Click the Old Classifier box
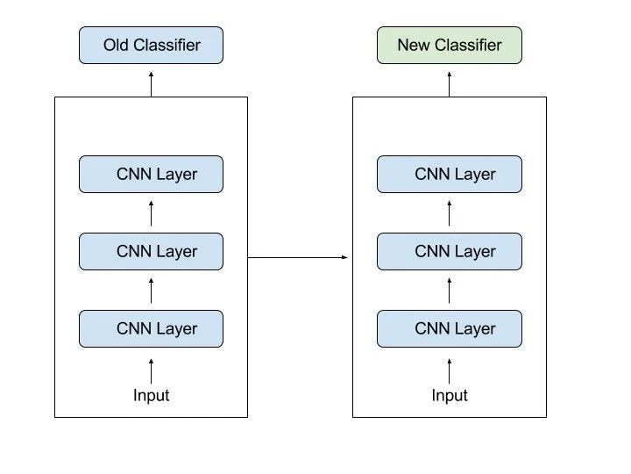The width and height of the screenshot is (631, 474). (x=151, y=45)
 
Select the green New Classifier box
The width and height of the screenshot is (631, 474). (x=450, y=45)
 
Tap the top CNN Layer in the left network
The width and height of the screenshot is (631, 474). (x=151, y=174)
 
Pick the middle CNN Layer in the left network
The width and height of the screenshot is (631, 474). (x=151, y=251)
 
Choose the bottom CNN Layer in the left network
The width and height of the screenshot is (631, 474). (x=151, y=328)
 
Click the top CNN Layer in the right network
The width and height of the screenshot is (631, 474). (x=450, y=174)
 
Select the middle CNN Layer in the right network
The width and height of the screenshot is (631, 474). (x=450, y=251)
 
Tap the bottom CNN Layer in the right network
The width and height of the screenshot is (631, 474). (x=450, y=328)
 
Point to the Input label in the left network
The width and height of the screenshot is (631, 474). (x=151, y=395)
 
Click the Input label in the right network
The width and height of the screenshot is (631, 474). (x=450, y=395)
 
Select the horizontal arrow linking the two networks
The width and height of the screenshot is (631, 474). (x=298, y=257)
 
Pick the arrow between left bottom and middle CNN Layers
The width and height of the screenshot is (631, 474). (x=151, y=290)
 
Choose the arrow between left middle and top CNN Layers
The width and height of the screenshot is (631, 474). (x=151, y=212)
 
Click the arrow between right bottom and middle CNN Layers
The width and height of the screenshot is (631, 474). (x=450, y=290)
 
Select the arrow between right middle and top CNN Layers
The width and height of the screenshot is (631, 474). (x=450, y=212)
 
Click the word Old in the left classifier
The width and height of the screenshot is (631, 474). (x=117, y=45)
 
